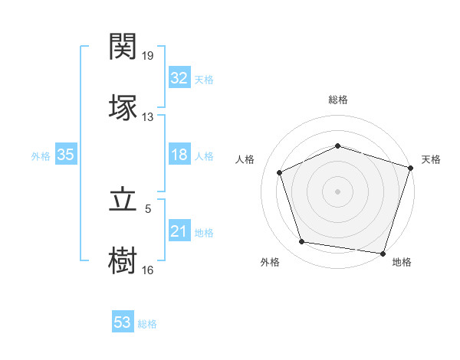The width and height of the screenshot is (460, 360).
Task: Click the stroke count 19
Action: [148, 56]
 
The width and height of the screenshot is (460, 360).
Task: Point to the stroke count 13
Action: [148, 117]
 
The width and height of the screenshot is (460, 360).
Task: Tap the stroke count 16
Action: [148, 270]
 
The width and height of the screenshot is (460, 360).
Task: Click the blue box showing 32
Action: [179, 78]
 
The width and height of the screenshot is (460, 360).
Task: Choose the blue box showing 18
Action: [179, 155]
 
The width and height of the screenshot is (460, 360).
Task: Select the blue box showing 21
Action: [179, 231]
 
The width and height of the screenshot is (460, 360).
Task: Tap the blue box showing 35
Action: [65, 155]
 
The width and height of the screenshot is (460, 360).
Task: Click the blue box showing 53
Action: [122, 322]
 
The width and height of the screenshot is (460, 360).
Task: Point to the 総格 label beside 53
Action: [147, 324]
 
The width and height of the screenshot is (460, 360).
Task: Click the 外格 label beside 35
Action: [41, 156]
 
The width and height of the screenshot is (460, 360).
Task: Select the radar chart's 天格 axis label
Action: [431, 159]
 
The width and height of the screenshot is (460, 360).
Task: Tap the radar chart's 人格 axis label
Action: [245, 159]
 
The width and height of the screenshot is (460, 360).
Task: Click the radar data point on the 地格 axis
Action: [383, 253]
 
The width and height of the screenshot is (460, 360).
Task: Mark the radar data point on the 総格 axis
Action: [338, 146]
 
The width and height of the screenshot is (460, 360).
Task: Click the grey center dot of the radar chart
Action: [338, 191]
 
